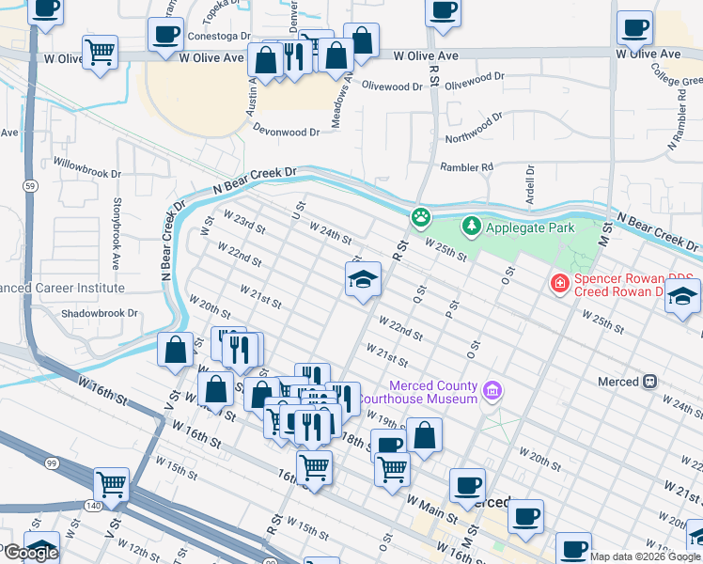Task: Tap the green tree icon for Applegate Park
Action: coord(471,227)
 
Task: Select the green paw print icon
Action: coord(421,218)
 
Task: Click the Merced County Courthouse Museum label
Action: coord(433,393)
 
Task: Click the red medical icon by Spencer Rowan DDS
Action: coord(559,282)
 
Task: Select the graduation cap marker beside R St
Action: coord(363,279)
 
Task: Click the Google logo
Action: coord(30,553)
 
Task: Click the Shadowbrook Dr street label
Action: coord(99,313)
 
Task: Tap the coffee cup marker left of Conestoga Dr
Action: coord(165,36)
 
